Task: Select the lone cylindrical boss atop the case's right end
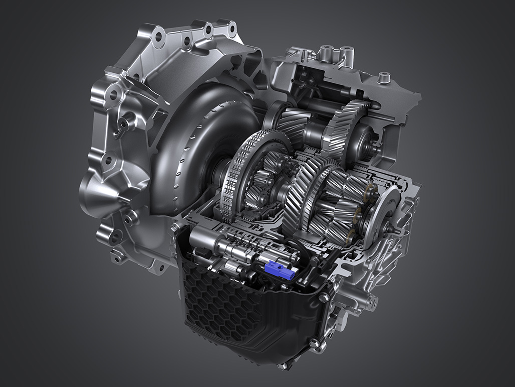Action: (384, 78)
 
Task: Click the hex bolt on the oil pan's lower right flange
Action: (314, 345)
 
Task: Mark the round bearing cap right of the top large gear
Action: (364, 138)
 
